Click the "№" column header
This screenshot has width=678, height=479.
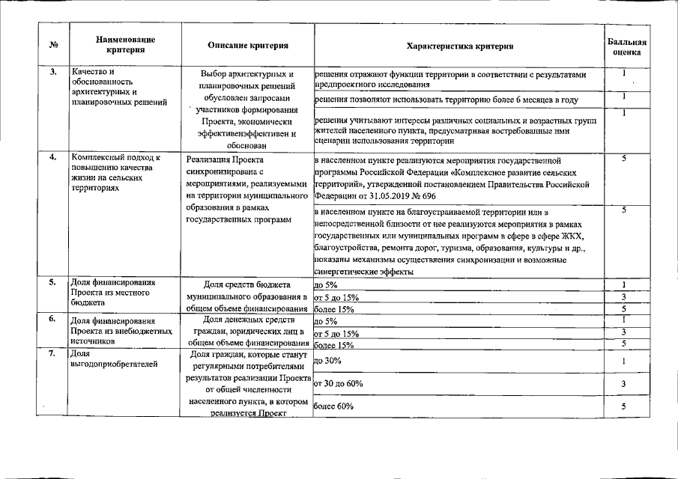tap(52, 45)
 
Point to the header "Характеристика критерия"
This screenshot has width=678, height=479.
tap(459, 46)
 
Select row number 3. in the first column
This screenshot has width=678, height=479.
tap(52, 72)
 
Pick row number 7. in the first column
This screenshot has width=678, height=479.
tap(52, 353)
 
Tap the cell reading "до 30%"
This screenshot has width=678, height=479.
tap(328, 361)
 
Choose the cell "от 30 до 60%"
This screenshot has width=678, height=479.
tap(339, 383)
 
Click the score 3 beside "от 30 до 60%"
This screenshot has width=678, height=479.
tap(623, 384)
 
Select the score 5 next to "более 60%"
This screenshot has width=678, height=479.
tap(623, 406)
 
